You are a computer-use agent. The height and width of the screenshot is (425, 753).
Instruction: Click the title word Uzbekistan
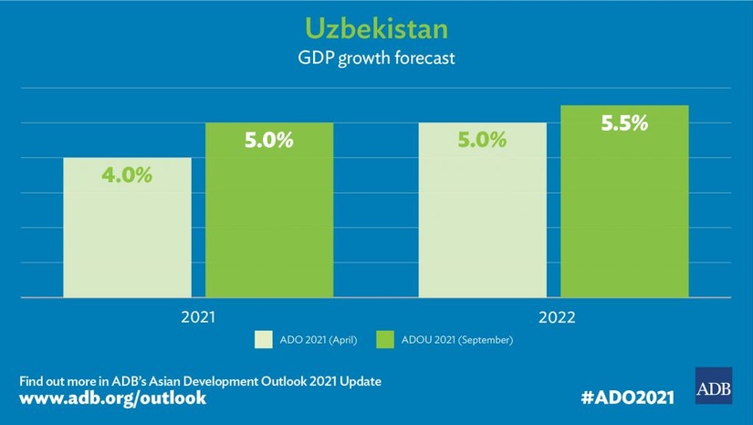coord(376,27)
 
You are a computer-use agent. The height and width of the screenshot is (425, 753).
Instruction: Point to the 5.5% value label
coord(623,123)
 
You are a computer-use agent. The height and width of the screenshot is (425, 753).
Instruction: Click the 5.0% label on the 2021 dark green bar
coord(268,141)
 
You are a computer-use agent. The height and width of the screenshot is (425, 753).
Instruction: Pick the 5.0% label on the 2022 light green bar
coord(482,141)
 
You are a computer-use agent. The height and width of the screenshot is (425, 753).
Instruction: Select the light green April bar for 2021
coord(127,238)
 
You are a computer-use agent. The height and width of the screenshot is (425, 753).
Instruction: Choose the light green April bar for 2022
coord(482,219)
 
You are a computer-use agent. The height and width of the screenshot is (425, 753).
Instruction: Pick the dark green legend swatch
coord(383,341)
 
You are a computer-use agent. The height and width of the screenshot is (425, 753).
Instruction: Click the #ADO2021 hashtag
coord(627,398)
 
